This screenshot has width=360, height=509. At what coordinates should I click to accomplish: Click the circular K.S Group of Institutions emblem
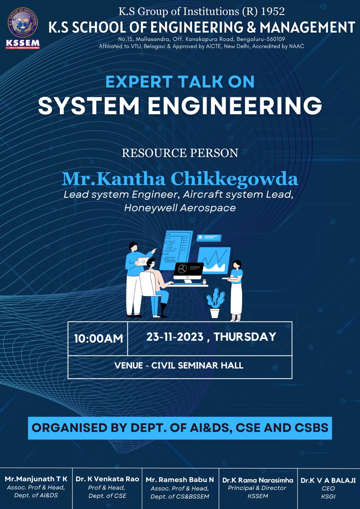pos(23,23)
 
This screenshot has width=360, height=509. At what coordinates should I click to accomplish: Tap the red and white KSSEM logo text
pos(23,44)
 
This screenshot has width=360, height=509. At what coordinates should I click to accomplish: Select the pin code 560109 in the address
pos(276,39)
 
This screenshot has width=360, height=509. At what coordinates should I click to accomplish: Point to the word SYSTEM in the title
pos(89,106)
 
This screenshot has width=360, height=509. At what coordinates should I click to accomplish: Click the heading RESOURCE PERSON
pos(180,153)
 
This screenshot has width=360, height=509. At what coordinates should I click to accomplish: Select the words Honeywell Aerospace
pos(180,208)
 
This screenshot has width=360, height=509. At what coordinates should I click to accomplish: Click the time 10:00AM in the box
pos(98,338)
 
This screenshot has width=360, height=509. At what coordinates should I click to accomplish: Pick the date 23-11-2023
pos(175,337)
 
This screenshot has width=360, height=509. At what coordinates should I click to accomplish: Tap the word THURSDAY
pos(245,337)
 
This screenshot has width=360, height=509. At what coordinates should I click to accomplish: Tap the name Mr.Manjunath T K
pos(36,479)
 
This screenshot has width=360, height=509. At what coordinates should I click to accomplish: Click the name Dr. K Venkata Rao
pos(107,479)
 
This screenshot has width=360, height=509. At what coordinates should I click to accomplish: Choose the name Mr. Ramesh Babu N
pos(180,479)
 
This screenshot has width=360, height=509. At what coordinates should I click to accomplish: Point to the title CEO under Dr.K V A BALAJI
pos(328,488)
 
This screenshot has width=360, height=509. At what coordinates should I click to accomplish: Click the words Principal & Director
pos(257,488)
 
